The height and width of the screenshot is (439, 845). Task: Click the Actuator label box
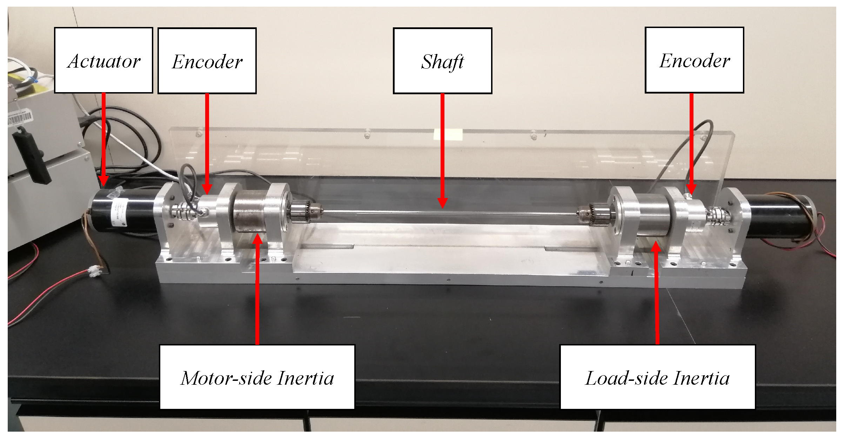pyautogui.click(x=103, y=60)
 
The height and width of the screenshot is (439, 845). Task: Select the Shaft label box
pyautogui.click(x=442, y=61)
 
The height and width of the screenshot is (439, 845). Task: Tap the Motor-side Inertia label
pyautogui.click(x=257, y=377)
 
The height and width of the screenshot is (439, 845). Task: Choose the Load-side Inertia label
pyautogui.click(x=657, y=377)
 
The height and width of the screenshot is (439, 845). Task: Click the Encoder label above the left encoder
pyautogui.click(x=207, y=61)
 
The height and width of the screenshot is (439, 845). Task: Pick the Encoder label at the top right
pyautogui.click(x=694, y=60)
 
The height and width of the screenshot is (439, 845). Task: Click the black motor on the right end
pyautogui.click(x=779, y=215)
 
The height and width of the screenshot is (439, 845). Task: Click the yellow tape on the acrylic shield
pyautogui.click(x=448, y=134)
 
